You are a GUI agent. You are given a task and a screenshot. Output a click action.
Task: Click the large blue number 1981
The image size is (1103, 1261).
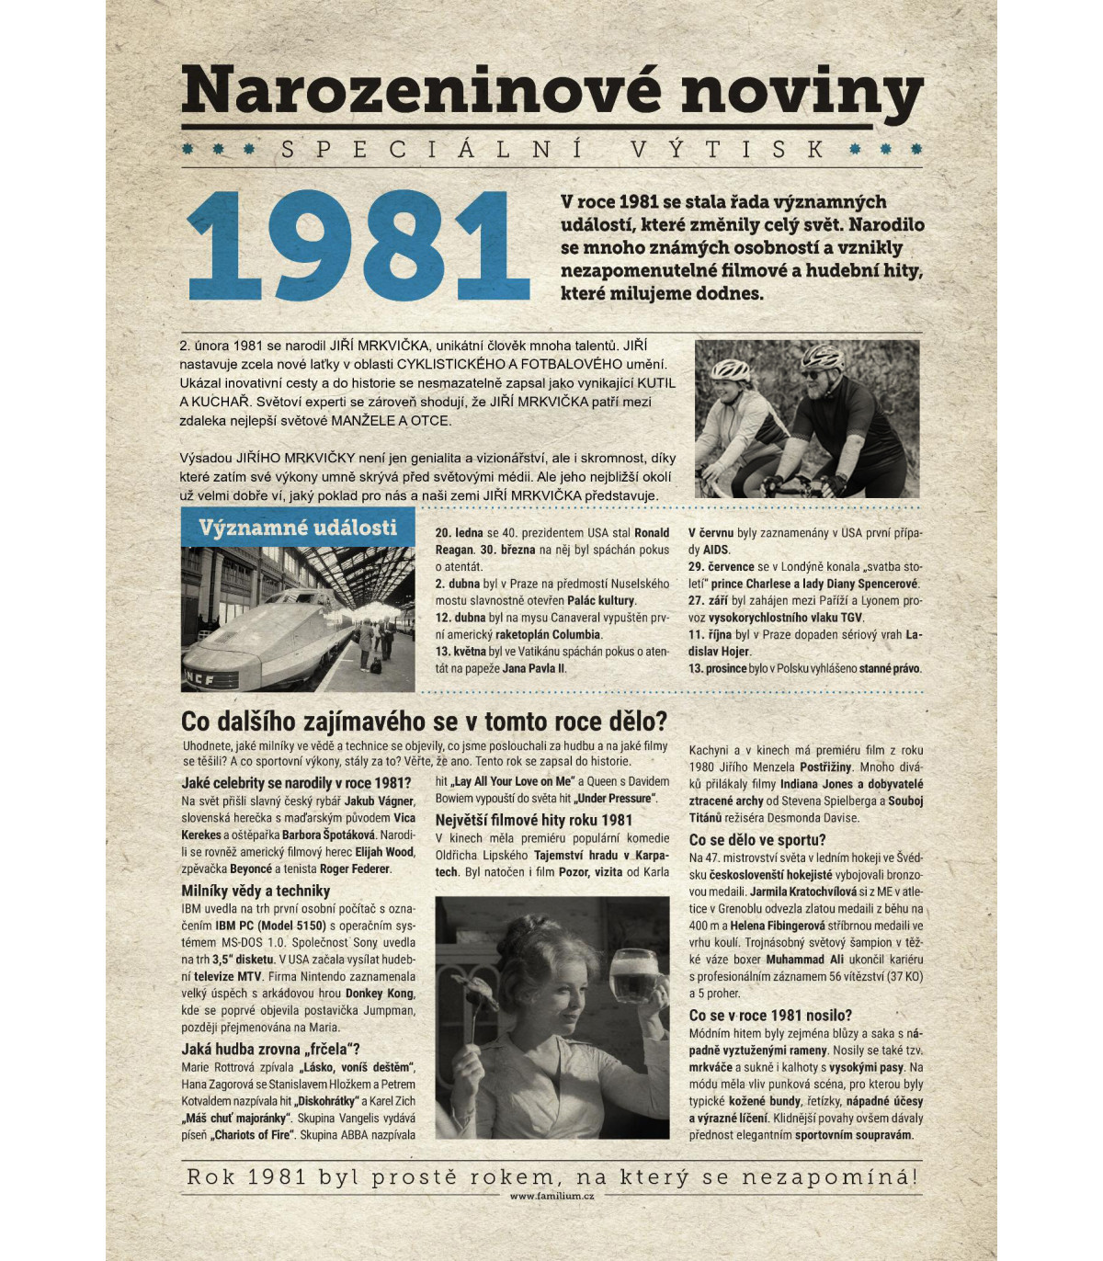click(358, 246)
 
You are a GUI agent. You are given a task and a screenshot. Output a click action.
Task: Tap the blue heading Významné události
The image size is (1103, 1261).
click(297, 528)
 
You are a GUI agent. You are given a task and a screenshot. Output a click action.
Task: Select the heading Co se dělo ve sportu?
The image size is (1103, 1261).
click(756, 839)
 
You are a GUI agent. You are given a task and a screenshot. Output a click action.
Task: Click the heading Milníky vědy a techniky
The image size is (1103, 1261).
click(255, 891)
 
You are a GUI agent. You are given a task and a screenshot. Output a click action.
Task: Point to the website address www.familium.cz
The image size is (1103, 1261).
click(551, 1196)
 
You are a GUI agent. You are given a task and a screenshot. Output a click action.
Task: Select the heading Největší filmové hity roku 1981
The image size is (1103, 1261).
click(533, 820)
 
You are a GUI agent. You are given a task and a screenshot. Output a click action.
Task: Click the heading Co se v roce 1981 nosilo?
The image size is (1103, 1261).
click(769, 1015)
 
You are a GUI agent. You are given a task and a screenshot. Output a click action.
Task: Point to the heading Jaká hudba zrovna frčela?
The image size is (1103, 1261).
click(270, 1049)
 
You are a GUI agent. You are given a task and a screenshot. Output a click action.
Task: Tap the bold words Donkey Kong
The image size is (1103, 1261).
click(378, 994)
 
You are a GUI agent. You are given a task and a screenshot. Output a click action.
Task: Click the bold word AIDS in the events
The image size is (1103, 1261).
click(715, 550)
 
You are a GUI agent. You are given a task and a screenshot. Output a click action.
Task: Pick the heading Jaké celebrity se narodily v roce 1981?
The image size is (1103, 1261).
click(295, 783)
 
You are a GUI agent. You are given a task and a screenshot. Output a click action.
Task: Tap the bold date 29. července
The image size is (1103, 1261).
click(721, 567)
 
